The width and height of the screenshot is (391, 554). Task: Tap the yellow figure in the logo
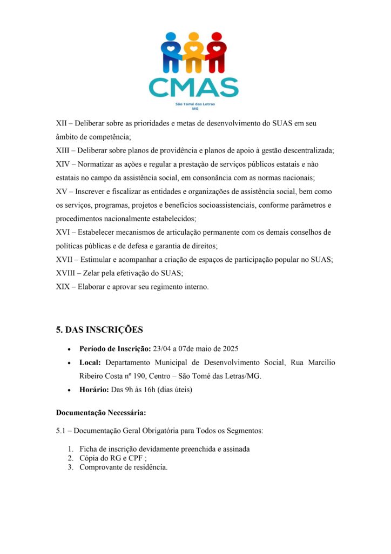point(193,53)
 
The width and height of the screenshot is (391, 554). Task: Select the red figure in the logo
point(216,53)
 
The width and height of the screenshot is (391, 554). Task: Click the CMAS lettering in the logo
point(193,87)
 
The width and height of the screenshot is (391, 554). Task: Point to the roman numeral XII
point(62,123)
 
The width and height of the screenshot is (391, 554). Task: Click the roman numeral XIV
point(64,164)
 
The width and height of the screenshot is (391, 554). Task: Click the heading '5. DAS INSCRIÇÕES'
point(99,329)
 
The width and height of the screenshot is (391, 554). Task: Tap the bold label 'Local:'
point(90,362)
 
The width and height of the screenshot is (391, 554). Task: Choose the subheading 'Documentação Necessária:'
point(101,412)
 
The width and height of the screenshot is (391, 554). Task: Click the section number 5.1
point(62,431)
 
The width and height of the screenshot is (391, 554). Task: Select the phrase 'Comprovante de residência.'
point(124,467)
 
